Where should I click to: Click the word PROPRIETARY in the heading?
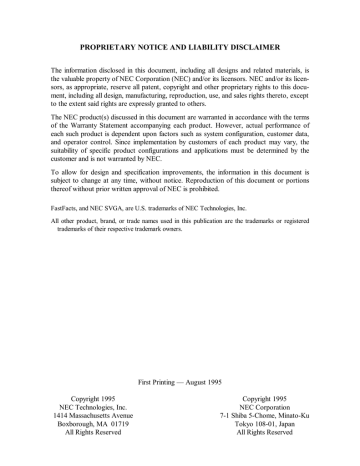coord(112,47)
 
